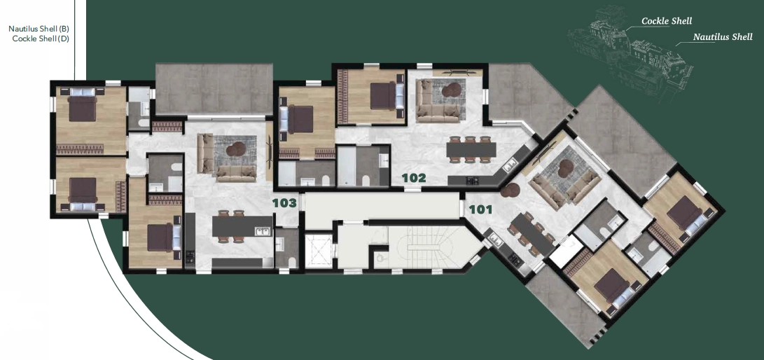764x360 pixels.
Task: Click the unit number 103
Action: tap(284, 203)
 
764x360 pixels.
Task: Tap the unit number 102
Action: tap(414, 178)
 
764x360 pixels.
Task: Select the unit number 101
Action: tap(480, 210)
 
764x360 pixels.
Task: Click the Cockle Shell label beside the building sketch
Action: tap(667, 21)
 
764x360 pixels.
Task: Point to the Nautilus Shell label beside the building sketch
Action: tap(723, 37)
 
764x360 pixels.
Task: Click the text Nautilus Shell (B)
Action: tap(39, 29)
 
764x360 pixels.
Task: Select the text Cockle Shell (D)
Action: tap(41, 39)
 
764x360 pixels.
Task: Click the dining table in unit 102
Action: tap(471, 149)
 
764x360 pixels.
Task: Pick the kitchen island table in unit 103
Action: tap(242, 226)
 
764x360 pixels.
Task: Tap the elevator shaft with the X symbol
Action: tap(318, 250)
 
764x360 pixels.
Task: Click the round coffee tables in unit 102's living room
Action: tap(452, 90)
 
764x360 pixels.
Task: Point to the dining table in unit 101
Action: tap(532, 235)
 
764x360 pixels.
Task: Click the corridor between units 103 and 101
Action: tap(382, 205)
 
